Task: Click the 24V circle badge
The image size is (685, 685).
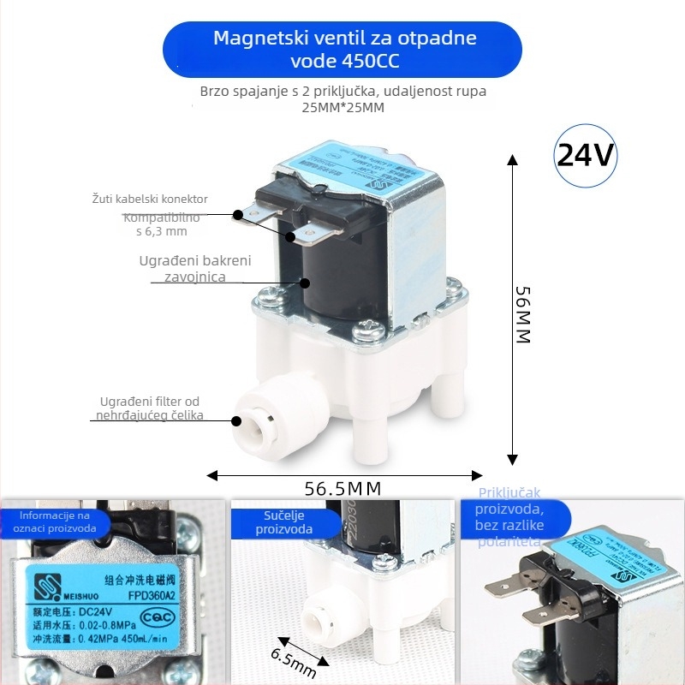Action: tap(586, 156)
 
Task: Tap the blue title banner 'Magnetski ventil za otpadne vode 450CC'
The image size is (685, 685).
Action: tap(342, 50)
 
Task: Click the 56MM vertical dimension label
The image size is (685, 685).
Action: tap(523, 313)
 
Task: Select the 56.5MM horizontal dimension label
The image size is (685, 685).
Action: tap(342, 489)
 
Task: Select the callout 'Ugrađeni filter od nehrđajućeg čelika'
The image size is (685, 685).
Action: tap(150, 408)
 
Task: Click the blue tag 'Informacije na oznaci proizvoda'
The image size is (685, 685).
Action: tap(54, 522)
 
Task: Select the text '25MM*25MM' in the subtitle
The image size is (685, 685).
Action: tap(342, 108)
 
